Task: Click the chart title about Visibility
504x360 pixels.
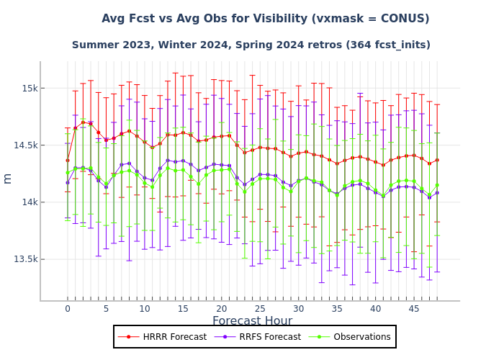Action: tap(265, 19)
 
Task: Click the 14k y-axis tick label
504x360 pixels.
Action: tap(29, 202)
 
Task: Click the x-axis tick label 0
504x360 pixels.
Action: tap(68, 309)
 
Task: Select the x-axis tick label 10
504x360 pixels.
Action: tap(145, 309)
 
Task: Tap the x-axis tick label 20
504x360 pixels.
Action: tap(222, 309)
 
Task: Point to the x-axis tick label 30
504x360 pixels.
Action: tap(299, 309)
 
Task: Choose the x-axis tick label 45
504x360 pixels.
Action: tap(414, 309)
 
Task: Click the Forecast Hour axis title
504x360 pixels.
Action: tap(252, 321)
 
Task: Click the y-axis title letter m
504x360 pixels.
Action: tap(8, 178)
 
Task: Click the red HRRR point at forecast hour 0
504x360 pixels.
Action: tap(68, 160)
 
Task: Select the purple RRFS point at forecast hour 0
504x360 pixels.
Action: tap(68, 182)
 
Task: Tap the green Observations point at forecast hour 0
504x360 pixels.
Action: tap(68, 172)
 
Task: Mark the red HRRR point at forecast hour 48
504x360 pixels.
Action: tap(437, 160)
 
